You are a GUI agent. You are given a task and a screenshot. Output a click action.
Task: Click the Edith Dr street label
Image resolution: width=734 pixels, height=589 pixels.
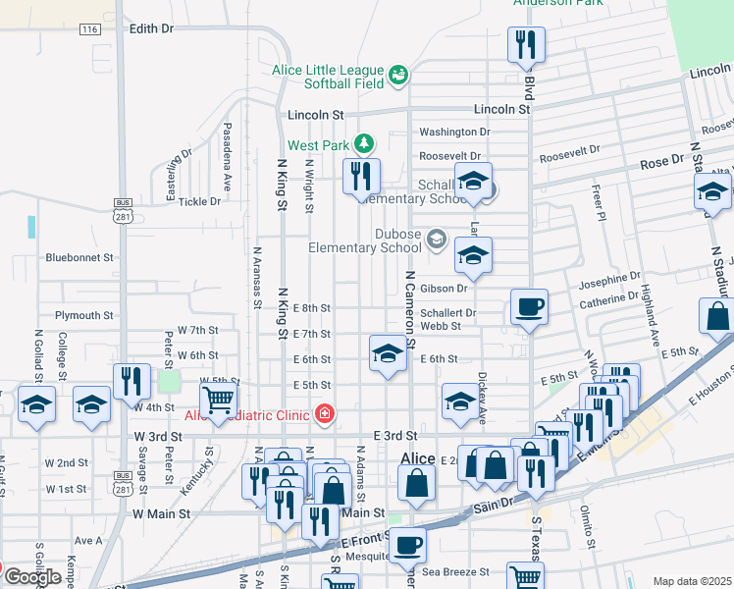tap(151, 28)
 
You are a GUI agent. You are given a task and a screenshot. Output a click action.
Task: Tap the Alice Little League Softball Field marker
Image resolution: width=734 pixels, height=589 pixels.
tap(398, 75)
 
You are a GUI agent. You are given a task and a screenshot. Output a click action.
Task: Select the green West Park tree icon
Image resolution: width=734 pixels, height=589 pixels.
tap(364, 144)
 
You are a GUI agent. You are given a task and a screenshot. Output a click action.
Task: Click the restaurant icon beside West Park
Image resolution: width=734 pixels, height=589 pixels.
tap(361, 177)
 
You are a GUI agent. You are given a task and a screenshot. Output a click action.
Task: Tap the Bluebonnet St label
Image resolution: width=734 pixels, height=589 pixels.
tap(79, 257)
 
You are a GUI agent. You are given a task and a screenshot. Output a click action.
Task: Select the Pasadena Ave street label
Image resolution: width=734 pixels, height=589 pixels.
tap(227, 156)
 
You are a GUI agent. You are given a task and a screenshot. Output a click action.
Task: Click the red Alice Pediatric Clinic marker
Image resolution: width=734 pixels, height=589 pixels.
tap(324, 415)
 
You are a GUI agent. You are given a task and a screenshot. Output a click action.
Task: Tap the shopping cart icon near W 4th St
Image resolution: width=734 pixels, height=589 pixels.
tap(218, 400)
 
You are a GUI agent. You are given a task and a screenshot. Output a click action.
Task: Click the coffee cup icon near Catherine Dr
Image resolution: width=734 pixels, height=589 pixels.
tap(529, 308)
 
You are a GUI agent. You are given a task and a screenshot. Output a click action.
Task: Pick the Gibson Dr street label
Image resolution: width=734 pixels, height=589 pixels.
tap(445, 288)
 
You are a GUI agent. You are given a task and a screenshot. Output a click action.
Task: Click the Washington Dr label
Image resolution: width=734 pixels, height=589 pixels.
tap(454, 132)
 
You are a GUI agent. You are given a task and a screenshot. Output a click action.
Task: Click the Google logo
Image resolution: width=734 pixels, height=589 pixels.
tap(32, 576)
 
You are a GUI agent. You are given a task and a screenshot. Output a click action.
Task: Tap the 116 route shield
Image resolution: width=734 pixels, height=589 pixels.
tap(90, 28)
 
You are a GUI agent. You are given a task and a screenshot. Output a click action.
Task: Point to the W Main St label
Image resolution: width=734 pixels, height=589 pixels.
tap(160, 512)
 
